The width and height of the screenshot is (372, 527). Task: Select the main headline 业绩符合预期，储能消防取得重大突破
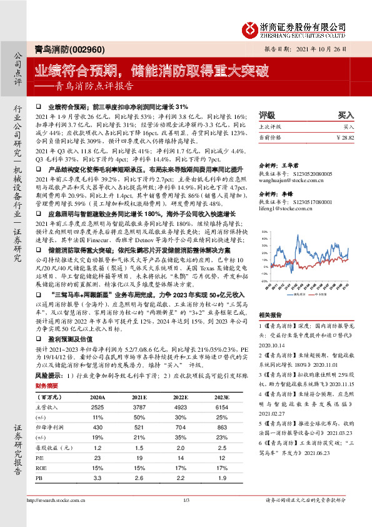(151, 70)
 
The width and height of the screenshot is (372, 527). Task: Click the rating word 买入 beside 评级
(346, 116)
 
